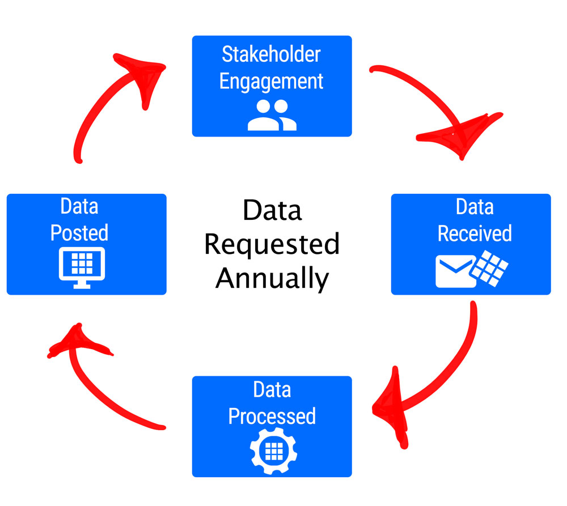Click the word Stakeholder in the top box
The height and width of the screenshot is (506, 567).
[271, 55]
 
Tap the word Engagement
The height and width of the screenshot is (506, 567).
[271, 82]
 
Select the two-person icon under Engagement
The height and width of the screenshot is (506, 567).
[272, 115]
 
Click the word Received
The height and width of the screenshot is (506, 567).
[475, 233]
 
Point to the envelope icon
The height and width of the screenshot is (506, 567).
[455, 271]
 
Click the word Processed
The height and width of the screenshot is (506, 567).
[272, 416]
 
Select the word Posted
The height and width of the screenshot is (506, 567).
[79, 233]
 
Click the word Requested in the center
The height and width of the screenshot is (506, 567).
[272, 245]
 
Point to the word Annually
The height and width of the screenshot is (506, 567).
[272, 278]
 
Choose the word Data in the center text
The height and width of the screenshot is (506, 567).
[272, 211]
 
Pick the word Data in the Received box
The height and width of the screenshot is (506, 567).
[475, 207]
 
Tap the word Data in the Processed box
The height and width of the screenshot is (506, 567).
[272, 390]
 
